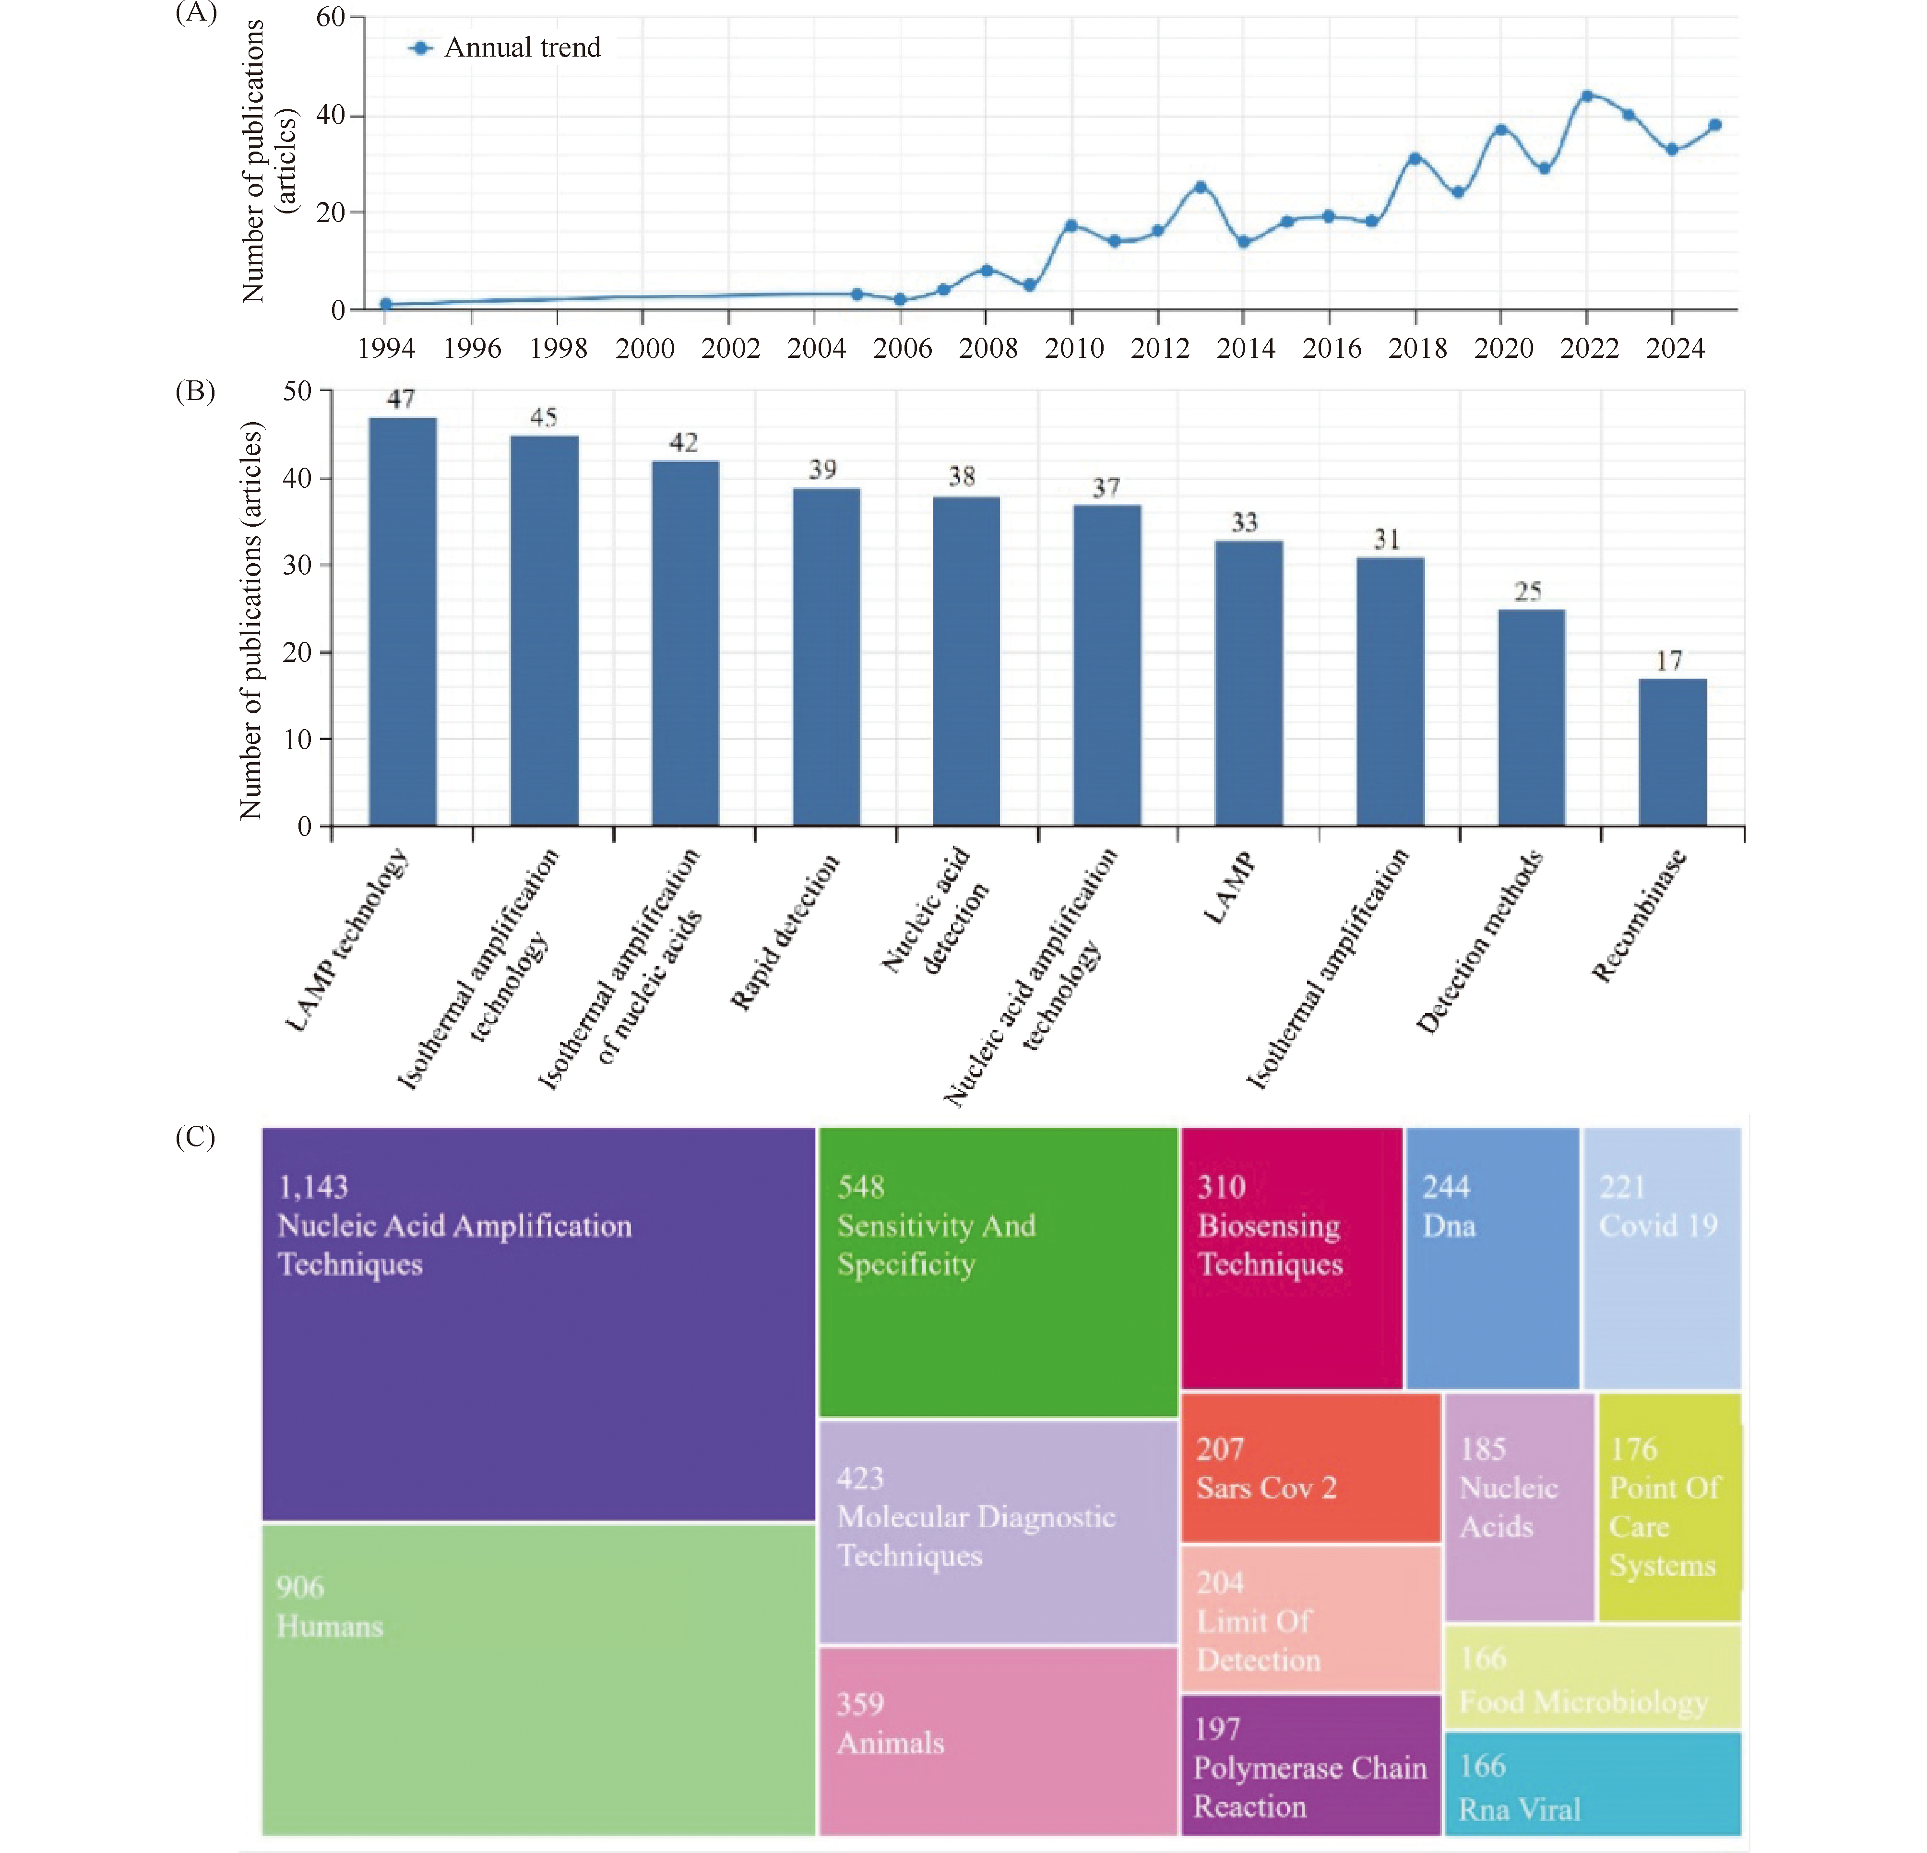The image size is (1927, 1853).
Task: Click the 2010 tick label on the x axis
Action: (1073, 348)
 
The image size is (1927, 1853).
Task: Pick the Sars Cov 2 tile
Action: (1309, 1467)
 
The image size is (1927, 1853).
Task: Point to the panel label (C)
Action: (195, 1137)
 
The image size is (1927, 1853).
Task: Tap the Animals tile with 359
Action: (997, 1740)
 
